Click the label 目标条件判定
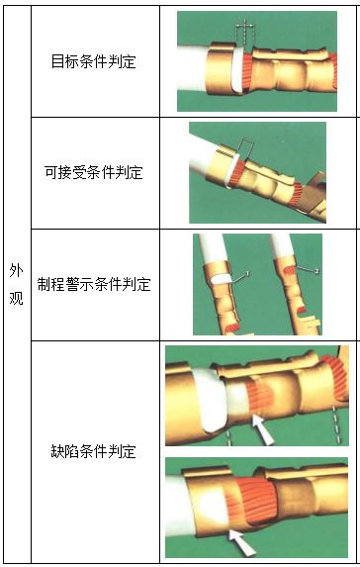tap(94, 62)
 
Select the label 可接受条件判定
tap(94, 173)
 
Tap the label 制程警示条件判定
tap(94, 285)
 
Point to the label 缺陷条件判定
tap(94, 451)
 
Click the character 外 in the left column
tap(16, 270)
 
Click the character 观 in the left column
tap(16, 298)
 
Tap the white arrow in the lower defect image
tap(240, 540)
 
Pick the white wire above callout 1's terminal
tap(211, 253)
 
